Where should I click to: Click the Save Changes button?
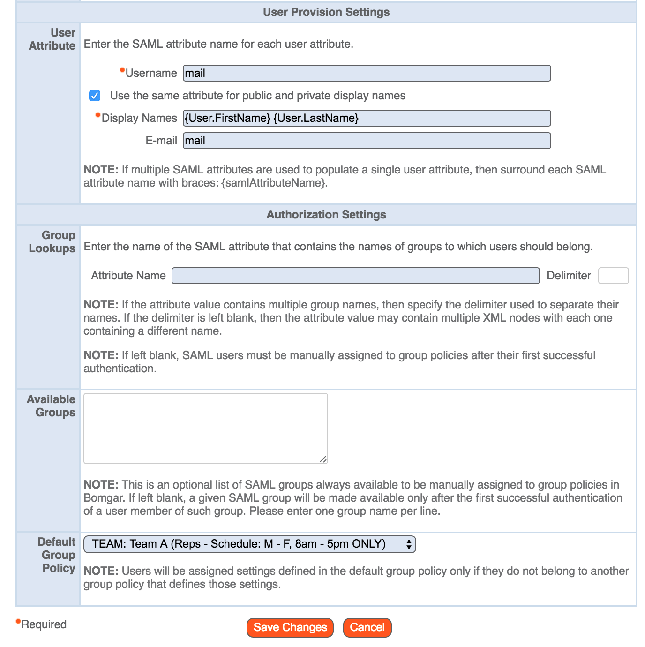[x=290, y=627]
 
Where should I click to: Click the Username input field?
[x=367, y=73]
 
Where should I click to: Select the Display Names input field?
[x=367, y=118]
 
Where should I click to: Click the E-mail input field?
[x=367, y=141]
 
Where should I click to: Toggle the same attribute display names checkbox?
[x=95, y=96]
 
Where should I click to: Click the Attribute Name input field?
[x=355, y=276]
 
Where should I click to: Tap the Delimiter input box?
[x=613, y=276]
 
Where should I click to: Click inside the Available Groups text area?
[x=205, y=428]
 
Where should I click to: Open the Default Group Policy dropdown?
[x=249, y=544]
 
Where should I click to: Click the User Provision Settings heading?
[x=326, y=12]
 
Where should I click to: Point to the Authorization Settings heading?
[x=326, y=215]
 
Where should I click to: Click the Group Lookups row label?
[x=52, y=242]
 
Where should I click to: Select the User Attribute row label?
[x=52, y=39]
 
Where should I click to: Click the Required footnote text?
[x=44, y=624]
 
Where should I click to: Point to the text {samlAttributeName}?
[x=274, y=183]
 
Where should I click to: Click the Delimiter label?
[x=569, y=276]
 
